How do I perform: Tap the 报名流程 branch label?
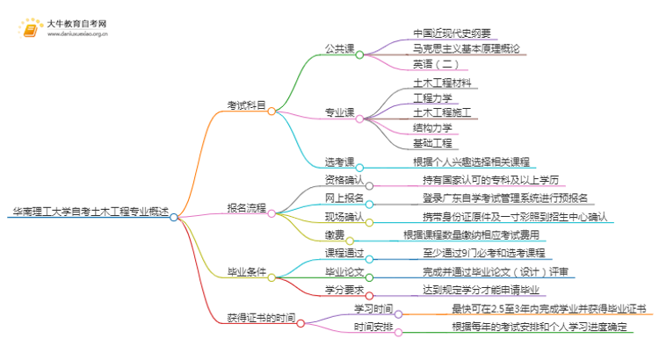coord(245,208)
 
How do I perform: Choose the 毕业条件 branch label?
coord(246,275)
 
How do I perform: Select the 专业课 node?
coord(339,112)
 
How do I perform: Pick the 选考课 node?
coord(339,162)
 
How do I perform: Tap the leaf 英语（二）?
coord(434,64)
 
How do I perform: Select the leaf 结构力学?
coord(432,127)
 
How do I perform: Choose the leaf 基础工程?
coord(432,142)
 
